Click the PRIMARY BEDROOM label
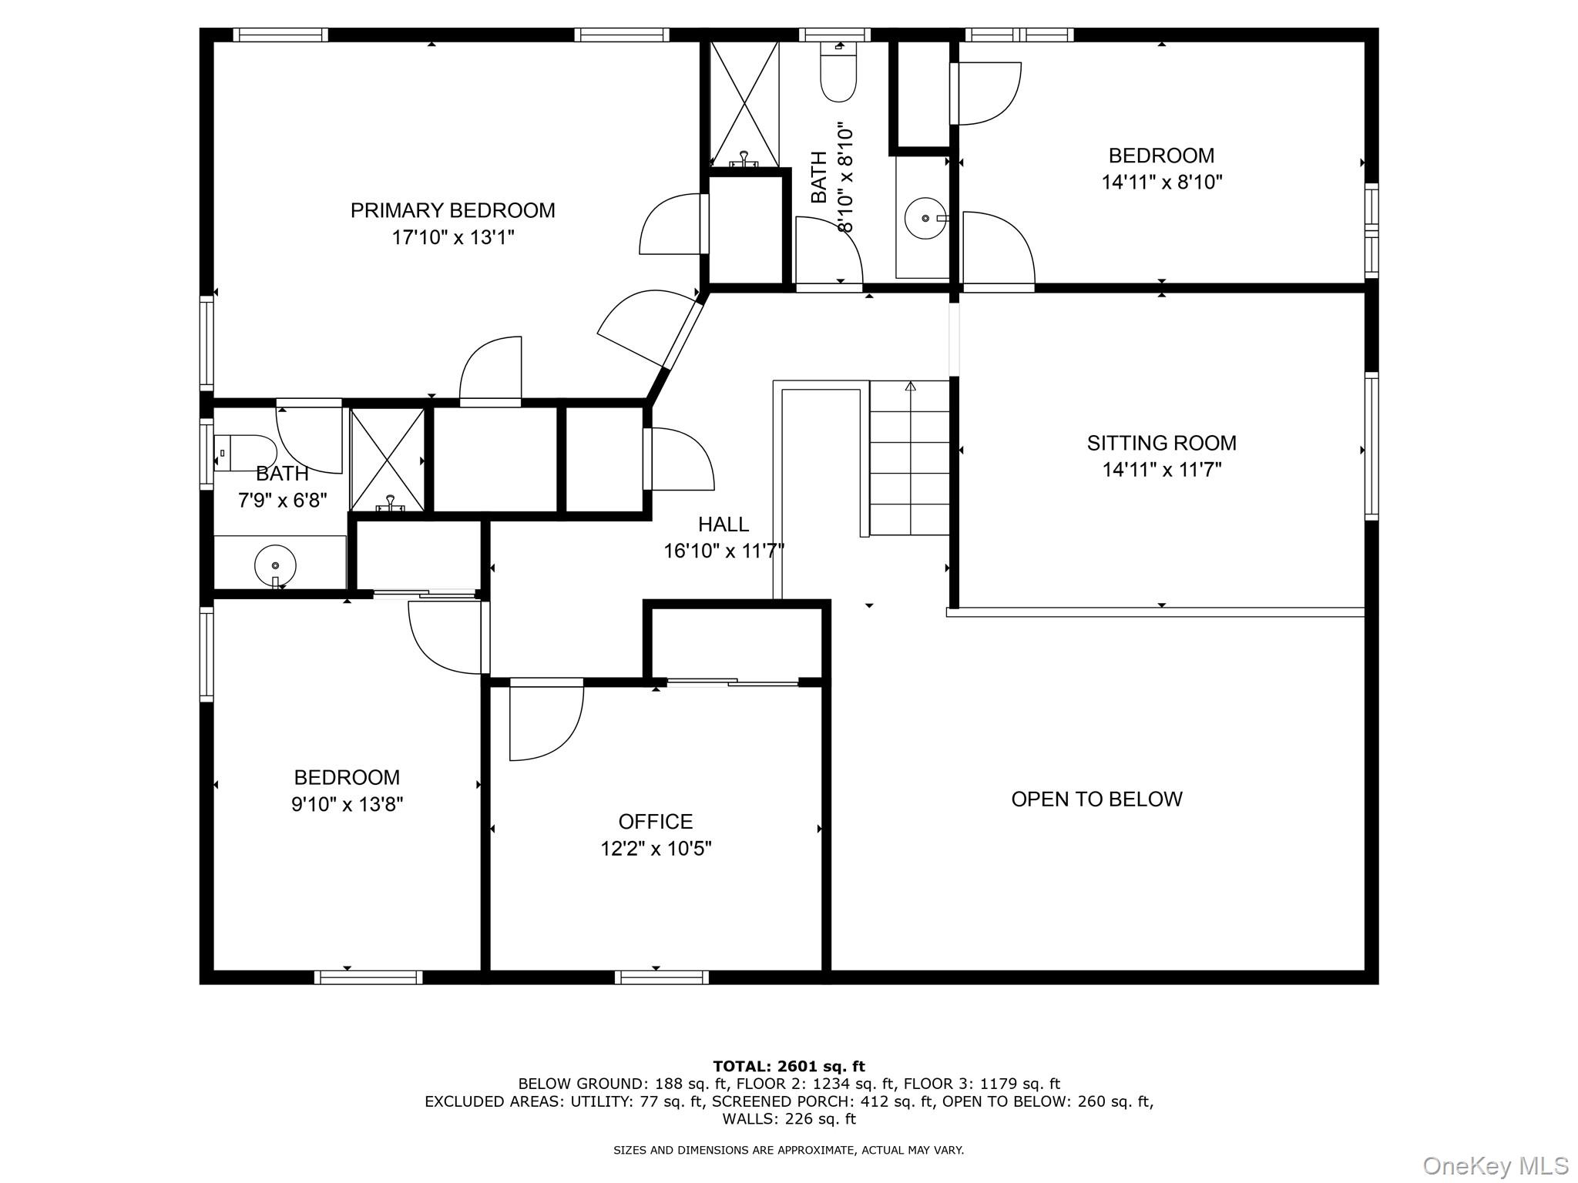click(x=452, y=210)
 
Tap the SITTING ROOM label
click(x=1161, y=443)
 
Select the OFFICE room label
click(x=656, y=822)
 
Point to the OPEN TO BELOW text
click(x=1096, y=799)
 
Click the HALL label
click(x=724, y=524)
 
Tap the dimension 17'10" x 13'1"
click(x=452, y=237)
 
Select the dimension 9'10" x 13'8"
click(x=347, y=805)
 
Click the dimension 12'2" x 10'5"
click(x=656, y=849)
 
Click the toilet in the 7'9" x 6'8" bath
click(x=245, y=453)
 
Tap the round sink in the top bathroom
click(x=925, y=219)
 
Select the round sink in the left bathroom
click(x=275, y=566)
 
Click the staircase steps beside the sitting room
click(x=910, y=458)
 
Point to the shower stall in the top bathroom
click(x=744, y=103)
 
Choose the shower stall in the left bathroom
click(x=388, y=460)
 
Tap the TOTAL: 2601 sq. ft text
click(x=789, y=1067)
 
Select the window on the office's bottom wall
click(x=662, y=977)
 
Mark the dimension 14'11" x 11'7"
click(x=1161, y=470)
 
